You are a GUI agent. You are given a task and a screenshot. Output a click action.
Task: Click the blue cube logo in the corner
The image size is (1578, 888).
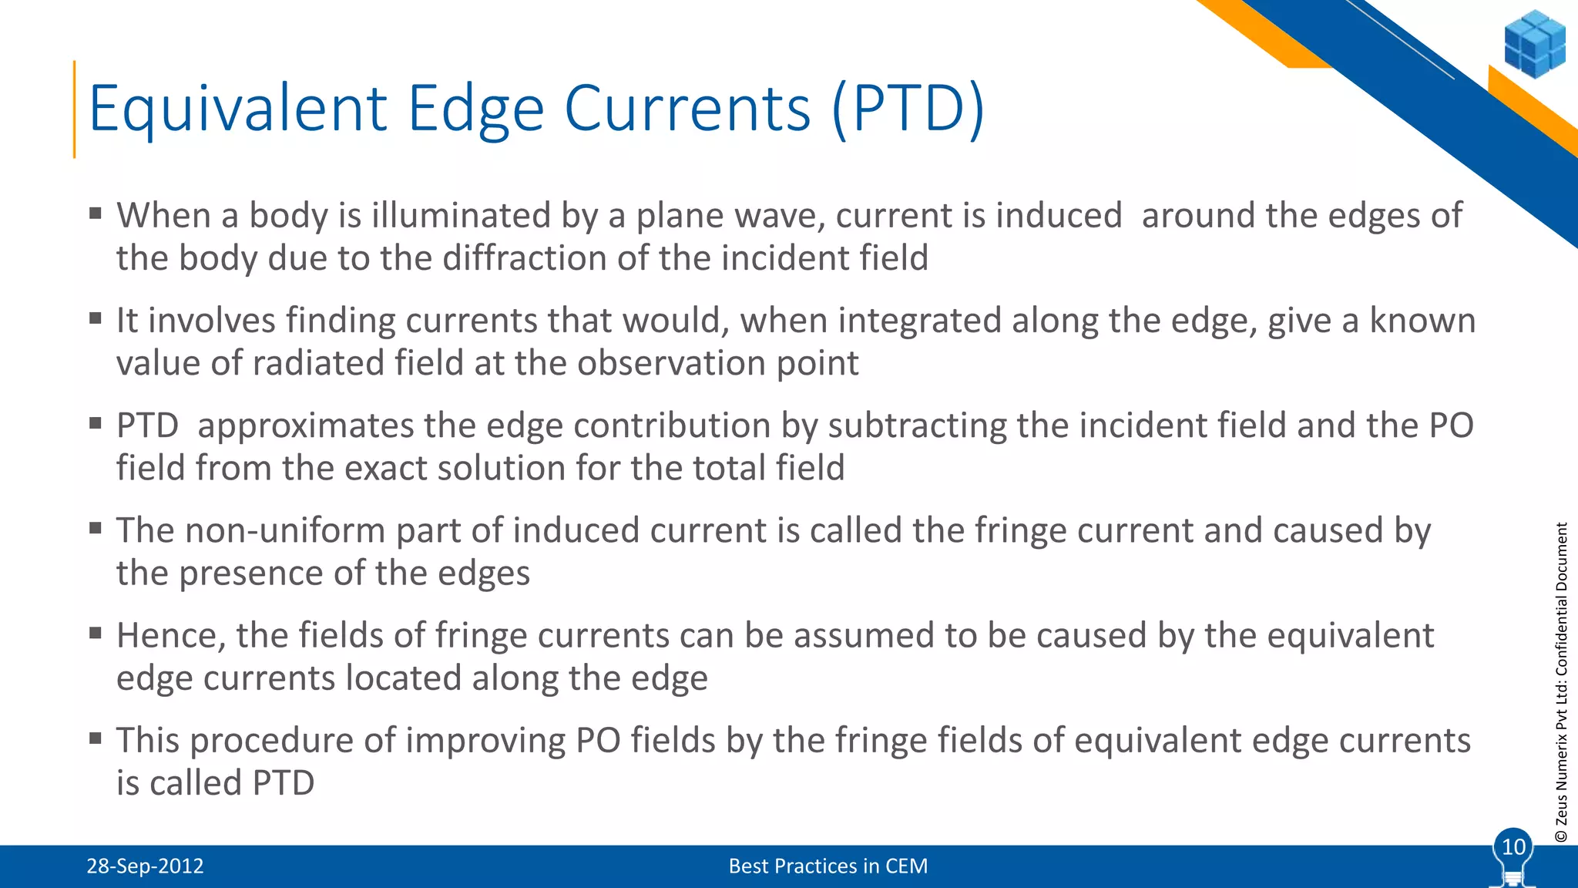1534,44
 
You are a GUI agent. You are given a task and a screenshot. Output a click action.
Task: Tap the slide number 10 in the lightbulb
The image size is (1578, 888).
1513,847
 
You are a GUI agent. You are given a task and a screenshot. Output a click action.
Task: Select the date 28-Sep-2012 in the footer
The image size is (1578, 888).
145,866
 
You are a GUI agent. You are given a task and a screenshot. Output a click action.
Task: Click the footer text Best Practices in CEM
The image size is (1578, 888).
828,866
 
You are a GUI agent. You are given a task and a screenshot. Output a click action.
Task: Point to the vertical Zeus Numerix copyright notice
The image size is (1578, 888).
1561,681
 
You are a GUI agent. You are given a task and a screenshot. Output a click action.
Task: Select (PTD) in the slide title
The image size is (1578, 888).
908,109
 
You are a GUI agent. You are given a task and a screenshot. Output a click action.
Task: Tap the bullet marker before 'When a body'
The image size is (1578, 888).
96,214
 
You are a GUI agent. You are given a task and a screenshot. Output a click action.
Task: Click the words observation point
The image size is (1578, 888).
717,364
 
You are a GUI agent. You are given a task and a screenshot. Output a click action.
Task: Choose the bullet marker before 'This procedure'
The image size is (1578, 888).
96,738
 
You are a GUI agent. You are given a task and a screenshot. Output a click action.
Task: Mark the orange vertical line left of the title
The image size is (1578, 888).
75,109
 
